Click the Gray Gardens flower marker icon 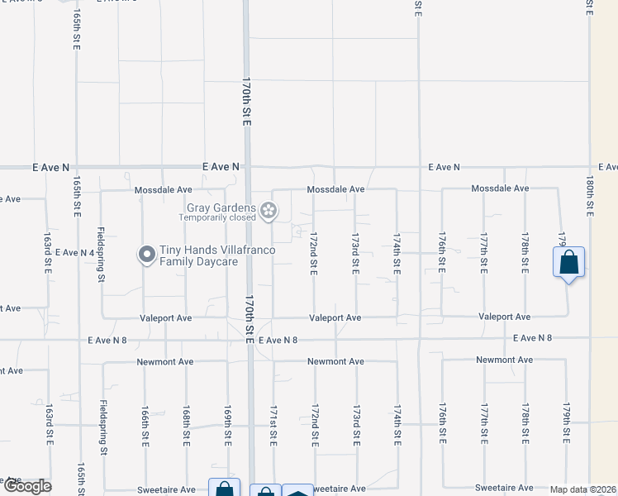tap(268, 212)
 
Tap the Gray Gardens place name tap(220, 207)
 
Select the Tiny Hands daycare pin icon tap(146, 255)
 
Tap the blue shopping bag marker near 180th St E tap(569, 264)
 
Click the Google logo tap(26, 486)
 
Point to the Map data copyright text tap(583, 489)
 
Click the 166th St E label tap(144, 424)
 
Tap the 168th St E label tap(186, 424)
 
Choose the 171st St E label tap(273, 424)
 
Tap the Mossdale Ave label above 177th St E tap(500, 188)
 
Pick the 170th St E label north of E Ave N tap(246, 102)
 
